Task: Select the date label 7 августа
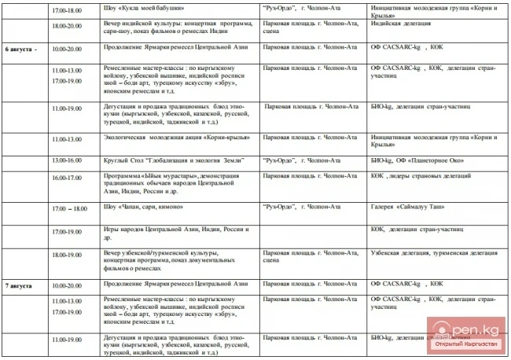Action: [x=20, y=285]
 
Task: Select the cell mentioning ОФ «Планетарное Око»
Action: [x=413, y=160]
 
